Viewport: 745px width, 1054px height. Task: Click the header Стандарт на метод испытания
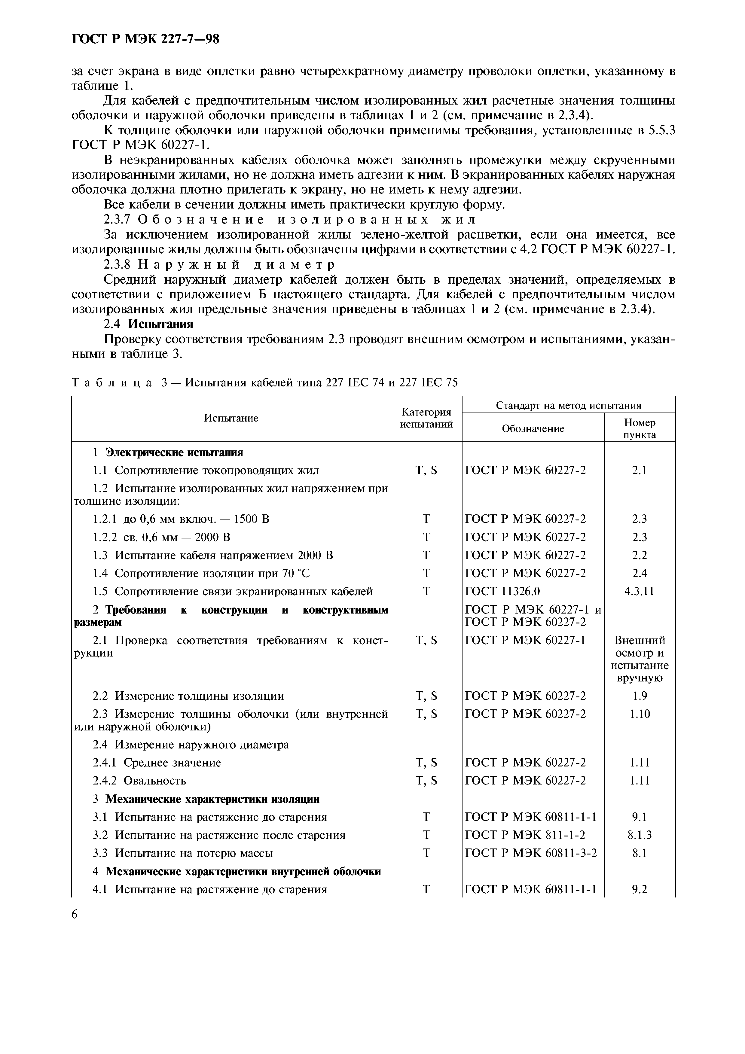tap(568, 405)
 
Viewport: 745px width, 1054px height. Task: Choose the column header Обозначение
tap(533, 429)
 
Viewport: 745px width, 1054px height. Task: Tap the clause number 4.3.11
tap(640, 591)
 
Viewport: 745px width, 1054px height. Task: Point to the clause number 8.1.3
tap(640, 835)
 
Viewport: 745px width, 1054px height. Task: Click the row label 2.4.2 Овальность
tap(139, 781)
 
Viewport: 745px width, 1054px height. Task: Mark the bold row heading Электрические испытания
tap(174, 452)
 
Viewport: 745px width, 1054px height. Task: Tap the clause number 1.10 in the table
tap(640, 714)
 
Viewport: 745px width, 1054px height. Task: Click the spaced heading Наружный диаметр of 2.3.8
tap(237, 265)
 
